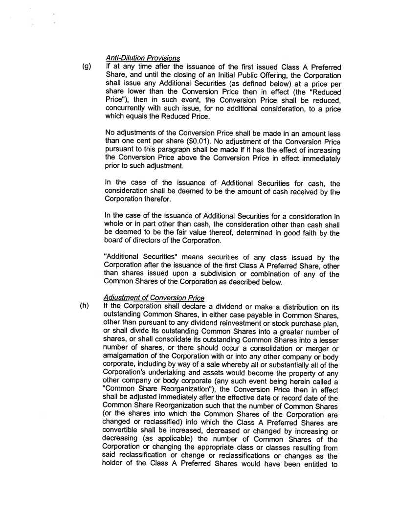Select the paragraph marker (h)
click(x=86, y=307)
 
